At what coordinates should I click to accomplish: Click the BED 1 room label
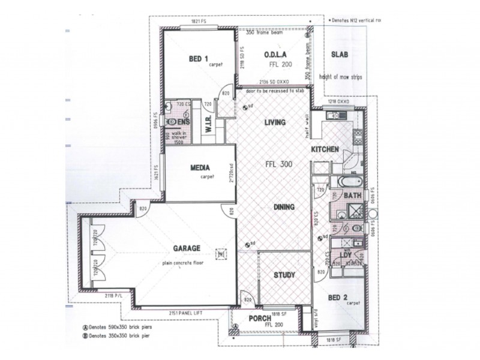[198, 58]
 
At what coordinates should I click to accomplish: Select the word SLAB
[340, 55]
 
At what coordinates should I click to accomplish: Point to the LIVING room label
[274, 122]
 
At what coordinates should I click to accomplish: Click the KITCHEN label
[325, 149]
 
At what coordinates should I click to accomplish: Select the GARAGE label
[187, 248]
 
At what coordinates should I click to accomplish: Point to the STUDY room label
[284, 275]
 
